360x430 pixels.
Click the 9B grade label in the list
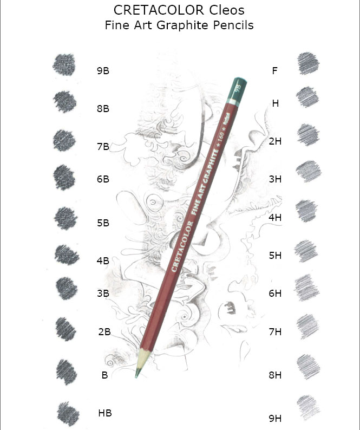click(103, 71)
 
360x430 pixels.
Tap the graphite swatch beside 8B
click(65, 101)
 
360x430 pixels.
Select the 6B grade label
click(103, 179)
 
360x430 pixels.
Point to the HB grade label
click(105, 413)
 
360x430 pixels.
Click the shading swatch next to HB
click(68, 414)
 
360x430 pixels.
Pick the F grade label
click(274, 71)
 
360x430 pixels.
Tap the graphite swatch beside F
click(308, 63)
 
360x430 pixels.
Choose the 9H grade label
click(275, 419)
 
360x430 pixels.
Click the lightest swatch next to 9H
click(308, 407)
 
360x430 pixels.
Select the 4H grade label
click(275, 218)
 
